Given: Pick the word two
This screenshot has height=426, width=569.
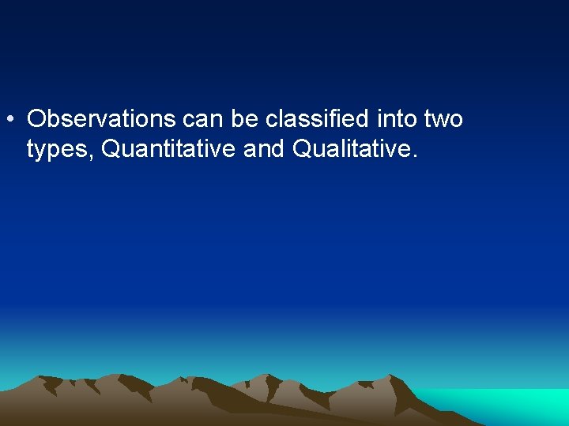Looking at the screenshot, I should click(444, 119).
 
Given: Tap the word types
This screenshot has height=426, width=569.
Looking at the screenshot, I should click(59, 149).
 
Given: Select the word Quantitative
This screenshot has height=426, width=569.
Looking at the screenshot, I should click(169, 148).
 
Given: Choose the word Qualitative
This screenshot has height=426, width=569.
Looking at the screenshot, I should click(351, 148).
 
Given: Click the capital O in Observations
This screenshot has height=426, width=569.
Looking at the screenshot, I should click(36, 119).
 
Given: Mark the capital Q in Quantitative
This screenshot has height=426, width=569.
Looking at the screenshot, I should click(113, 148).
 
